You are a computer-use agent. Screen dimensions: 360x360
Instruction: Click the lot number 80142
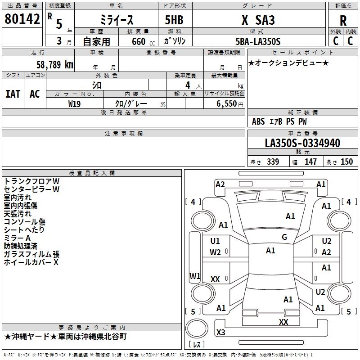tap(22, 19)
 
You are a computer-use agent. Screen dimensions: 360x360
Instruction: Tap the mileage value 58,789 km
tap(55, 65)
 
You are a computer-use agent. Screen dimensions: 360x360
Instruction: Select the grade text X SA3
tap(258, 20)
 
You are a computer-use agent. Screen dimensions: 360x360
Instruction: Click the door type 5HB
tap(174, 20)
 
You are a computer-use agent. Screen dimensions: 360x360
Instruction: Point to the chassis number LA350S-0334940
tap(302, 143)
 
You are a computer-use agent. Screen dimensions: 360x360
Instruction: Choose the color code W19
tap(74, 104)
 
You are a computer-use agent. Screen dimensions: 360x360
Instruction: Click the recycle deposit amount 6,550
tap(226, 104)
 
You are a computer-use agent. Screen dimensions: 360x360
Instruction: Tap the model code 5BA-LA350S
tap(258, 41)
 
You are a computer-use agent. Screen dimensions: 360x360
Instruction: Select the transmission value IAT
tap(13, 94)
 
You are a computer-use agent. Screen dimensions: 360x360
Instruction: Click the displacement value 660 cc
tap(143, 41)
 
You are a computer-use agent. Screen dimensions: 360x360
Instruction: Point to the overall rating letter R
tap(343, 21)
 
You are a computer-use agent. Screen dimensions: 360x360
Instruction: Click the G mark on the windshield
tap(284, 237)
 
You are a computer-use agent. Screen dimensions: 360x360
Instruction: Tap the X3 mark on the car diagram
tap(220, 332)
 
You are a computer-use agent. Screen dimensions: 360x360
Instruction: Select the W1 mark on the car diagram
tap(195, 276)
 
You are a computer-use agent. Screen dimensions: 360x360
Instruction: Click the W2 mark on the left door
tap(215, 252)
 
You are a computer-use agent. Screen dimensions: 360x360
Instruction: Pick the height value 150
tap(346, 162)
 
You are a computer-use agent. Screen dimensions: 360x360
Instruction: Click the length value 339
tap(273, 162)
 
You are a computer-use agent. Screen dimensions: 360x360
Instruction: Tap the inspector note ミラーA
tap(17, 238)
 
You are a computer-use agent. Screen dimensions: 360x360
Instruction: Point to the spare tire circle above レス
tap(197, 328)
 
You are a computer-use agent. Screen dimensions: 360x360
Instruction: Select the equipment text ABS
tap(258, 121)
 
